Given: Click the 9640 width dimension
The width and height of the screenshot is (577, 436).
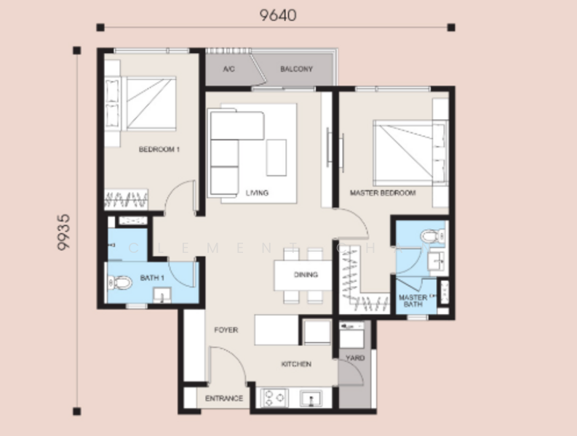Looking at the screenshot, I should pos(277,14).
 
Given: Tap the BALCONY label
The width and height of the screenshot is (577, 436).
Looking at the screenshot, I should pos(296,70).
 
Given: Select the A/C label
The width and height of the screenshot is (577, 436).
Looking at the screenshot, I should pos(228,70).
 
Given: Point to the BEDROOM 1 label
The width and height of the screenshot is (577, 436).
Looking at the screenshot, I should pos(159,150).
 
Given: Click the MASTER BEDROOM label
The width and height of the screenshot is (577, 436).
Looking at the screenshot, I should pos(383,193).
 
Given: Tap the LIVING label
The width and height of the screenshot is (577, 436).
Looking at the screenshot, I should pos(257,193).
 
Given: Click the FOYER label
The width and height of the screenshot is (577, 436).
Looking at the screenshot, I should pos(226,330).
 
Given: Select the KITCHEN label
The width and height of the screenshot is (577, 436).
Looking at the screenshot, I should pos(296,364).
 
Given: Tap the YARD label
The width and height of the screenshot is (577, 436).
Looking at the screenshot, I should pos(355,358).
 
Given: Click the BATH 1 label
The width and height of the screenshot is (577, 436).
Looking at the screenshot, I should pos(151,278).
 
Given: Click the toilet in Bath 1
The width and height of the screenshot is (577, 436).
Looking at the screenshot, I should pos(122,282).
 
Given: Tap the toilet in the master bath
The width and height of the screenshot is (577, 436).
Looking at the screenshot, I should pos(432,236).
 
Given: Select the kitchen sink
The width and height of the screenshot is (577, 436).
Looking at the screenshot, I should pos(314,398).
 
